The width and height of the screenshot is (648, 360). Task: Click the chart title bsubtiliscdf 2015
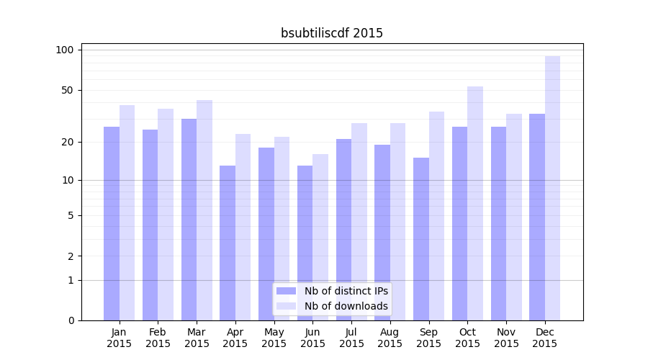332,33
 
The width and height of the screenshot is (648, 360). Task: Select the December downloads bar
552,188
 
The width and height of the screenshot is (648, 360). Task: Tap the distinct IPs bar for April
228,243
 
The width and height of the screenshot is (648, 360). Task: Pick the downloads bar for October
475,203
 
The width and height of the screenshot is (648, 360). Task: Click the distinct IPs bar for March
189,220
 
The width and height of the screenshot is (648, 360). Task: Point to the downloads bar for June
320,237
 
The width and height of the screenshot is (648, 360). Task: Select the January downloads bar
127,212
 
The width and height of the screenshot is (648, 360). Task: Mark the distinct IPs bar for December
537,217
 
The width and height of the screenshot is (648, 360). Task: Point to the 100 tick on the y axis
65,50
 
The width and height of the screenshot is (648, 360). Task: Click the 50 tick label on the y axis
68,90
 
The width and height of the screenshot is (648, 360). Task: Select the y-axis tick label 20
68,142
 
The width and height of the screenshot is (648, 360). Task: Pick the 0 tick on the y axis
71,320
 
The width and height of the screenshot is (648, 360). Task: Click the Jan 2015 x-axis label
120,338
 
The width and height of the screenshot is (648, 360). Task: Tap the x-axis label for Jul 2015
351,338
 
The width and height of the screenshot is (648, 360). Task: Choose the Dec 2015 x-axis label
545,338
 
